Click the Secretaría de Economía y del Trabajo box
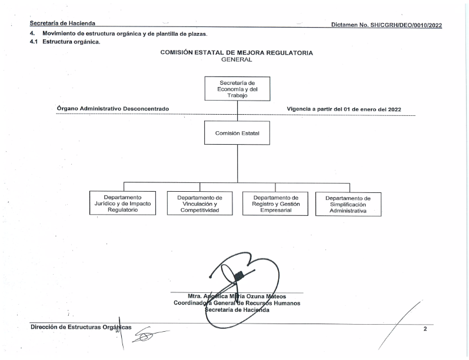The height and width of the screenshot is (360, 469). (237, 89)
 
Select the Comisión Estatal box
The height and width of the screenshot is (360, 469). (237, 133)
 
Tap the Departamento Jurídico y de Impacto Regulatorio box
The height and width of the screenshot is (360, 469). (122, 204)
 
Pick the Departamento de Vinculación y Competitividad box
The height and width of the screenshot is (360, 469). (200, 204)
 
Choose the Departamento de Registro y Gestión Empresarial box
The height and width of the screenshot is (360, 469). (275, 204)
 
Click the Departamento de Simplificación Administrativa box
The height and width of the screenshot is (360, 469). (348, 205)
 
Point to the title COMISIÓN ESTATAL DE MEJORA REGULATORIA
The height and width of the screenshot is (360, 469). (237, 52)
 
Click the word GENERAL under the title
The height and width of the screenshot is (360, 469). (237, 59)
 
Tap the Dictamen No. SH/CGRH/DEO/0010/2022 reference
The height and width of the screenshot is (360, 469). (387, 25)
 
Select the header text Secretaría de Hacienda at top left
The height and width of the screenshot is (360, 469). (62, 24)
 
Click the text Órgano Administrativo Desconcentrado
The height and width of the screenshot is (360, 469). (113, 109)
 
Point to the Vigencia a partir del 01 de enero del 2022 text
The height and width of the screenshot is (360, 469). (344, 109)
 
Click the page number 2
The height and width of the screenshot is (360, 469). (425, 329)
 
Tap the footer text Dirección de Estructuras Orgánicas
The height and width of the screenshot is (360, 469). (81, 327)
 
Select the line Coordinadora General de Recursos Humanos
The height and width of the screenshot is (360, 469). (237, 303)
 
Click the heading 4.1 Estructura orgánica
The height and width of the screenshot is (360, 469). (65, 42)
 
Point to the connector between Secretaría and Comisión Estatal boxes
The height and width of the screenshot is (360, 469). (238, 111)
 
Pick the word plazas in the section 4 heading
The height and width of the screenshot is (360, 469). (197, 34)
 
